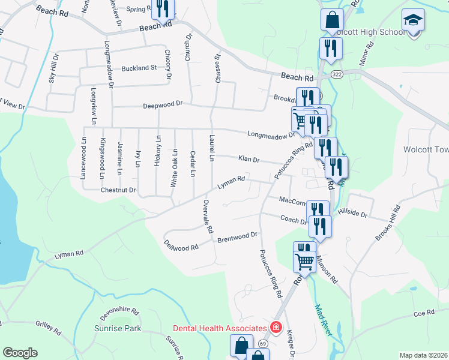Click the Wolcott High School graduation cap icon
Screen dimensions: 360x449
(413, 21)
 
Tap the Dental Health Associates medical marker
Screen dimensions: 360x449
(276, 328)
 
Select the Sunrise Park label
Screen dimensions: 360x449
(118, 328)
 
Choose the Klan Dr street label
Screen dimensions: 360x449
(248, 160)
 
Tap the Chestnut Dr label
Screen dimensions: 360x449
(118, 190)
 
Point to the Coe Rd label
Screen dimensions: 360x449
(423, 313)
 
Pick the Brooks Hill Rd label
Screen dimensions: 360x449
(388, 224)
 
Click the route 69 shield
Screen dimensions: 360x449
(263, 343)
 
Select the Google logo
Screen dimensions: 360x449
(20, 353)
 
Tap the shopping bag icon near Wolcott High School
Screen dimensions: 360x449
(332, 20)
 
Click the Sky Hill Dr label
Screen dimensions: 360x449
(53, 70)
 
